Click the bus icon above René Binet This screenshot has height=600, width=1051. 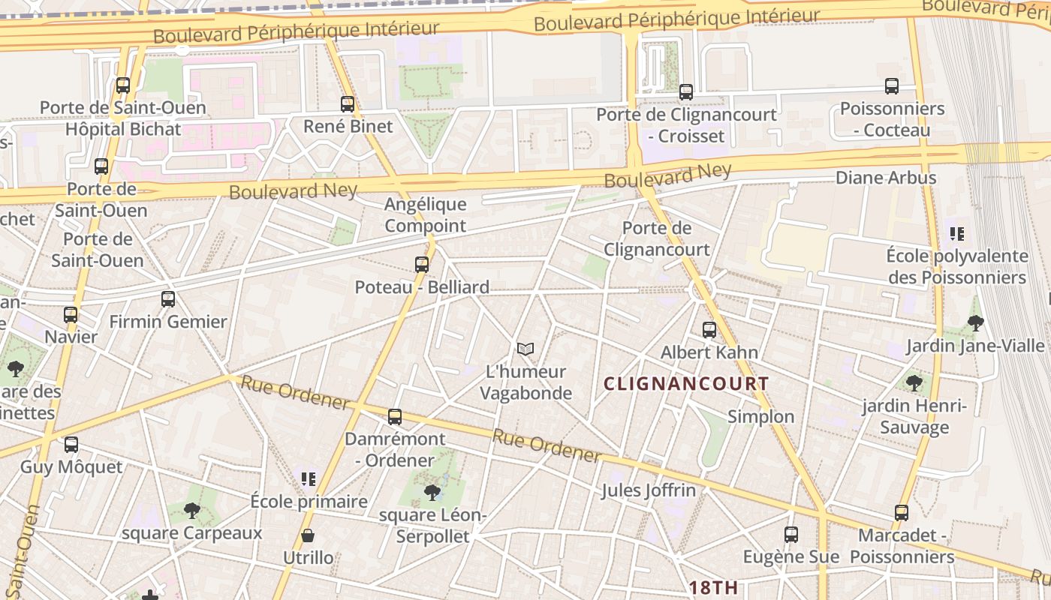pyautogui.click(x=347, y=104)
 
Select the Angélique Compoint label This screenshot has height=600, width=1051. pyautogui.click(x=425, y=214)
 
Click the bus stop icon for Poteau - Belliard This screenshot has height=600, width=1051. pyautogui.click(x=422, y=265)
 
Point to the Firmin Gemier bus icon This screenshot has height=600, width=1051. pyautogui.click(x=168, y=299)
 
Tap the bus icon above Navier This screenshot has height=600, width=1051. pyautogui.click(x=71, y=315)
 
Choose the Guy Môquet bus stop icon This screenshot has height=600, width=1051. pyautogui.click(x=71, y=445)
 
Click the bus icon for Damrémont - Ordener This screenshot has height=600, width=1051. pyautogui.click(x=395, y=417)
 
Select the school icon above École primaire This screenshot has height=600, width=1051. pyautogui.click(x=308, y=478)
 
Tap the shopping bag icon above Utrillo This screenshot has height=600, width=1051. pyautogui.click(x=308, y=535)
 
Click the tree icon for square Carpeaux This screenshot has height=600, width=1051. pyautogui.click(x=192, y=511)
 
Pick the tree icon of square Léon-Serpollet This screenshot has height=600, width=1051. pyautogui.click(x=432, y=493)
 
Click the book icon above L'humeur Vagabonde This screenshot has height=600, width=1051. pyautogui.click(x=525, y=349)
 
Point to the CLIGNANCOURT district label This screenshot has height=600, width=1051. pyautogui.click(x=686, y=384)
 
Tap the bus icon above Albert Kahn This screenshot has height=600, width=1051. pyautogui.click(x=709, y=329)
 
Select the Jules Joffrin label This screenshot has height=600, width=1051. pyautogui.click(x=649, y=490)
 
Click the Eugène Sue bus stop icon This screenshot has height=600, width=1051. pyautogui.click(x=791, y=535)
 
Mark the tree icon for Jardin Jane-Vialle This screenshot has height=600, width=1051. pyautogui.click(x=976, y=323)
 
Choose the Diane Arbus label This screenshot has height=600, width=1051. pyautogui.click(x=886, y=178)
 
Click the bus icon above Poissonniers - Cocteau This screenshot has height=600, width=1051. pyautogui.click(x=892, y=86)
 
